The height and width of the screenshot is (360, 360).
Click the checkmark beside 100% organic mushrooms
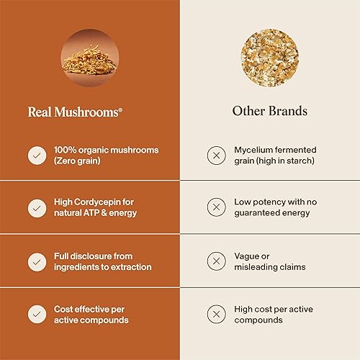click(35, 155)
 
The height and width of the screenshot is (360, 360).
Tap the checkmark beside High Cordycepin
click(35, 207)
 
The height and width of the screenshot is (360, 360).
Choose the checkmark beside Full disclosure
click(35, 261)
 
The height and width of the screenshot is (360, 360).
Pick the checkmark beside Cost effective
click(35, 314)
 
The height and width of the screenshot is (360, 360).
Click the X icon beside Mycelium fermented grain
click(215, 155)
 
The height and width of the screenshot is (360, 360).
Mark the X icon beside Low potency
click(215, 207)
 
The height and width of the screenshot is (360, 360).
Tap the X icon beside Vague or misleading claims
click(215, 261)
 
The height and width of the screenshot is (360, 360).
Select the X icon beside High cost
click(215, 314)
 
